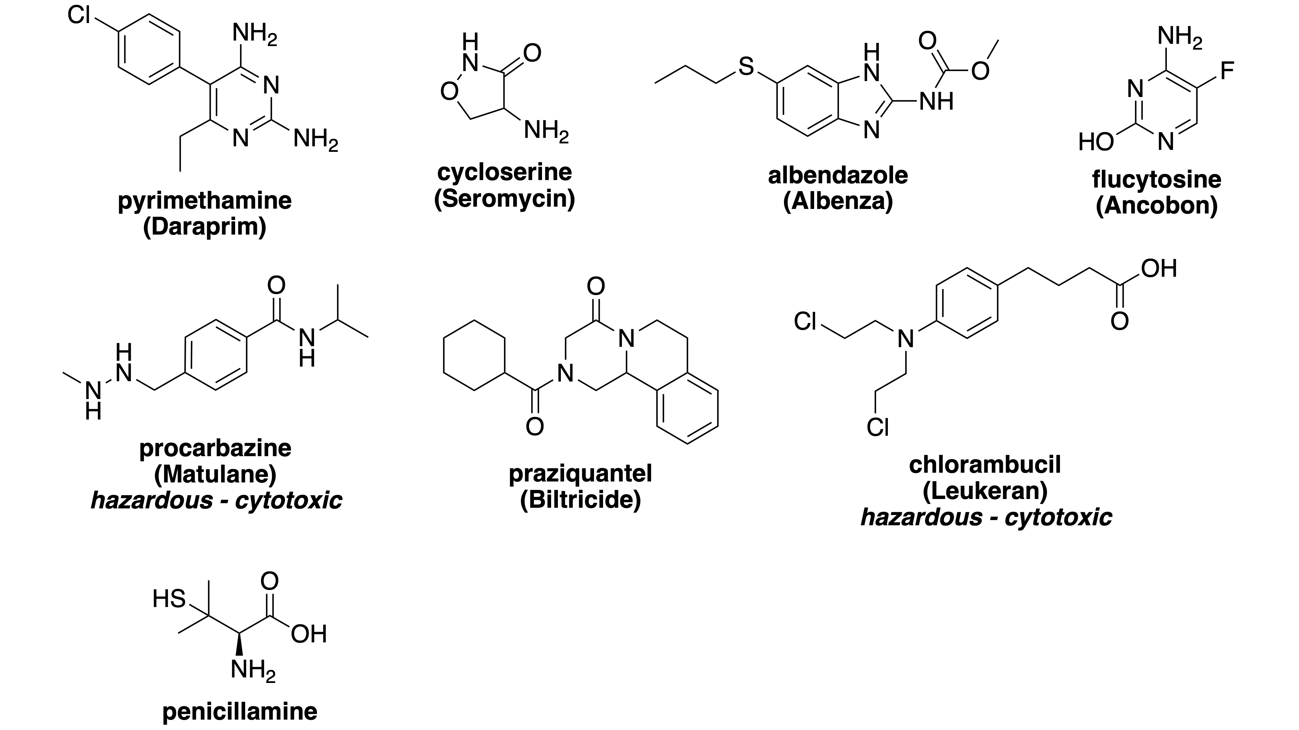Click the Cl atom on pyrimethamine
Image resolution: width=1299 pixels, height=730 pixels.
click(79, 15)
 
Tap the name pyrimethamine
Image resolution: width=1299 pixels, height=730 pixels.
click(205, 201)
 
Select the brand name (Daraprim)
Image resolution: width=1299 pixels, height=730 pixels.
click(205, 227)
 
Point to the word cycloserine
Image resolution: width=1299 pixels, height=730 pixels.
click(504, 172)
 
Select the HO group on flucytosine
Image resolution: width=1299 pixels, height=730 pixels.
click(1096, 142)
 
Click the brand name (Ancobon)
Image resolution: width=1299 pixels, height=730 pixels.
click(1157, 206)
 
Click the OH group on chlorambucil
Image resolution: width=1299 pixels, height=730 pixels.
click(1159, 269)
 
